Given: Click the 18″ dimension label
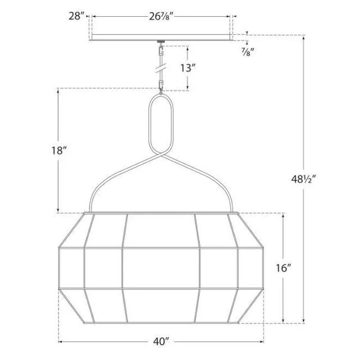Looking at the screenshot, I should coord(58,151).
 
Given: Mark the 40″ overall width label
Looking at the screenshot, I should coord(162,341).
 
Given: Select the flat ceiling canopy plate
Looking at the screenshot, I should coord(162,38).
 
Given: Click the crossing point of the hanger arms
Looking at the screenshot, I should coord(161,159).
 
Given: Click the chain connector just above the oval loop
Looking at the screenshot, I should coord(161,85).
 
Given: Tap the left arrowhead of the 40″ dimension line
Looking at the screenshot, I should coord(61,341).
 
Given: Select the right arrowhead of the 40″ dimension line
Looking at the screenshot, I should coord(263,341).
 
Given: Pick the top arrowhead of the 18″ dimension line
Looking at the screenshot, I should coord(58,91).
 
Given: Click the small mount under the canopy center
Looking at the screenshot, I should coord(161,43).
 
